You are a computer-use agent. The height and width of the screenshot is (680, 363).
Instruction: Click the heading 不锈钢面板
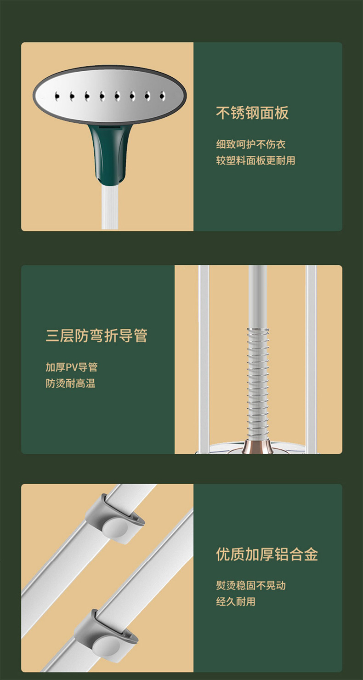click(252, 113)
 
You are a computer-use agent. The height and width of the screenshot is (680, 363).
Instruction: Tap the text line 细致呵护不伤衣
click(251, 144)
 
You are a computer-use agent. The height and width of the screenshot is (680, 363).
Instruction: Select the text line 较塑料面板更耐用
click(255, 160)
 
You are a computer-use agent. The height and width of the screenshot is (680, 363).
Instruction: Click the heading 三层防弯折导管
click(96, 336)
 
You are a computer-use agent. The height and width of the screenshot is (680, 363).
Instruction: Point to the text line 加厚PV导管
click(72, 367)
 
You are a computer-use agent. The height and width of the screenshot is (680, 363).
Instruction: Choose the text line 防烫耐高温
click(70, 383)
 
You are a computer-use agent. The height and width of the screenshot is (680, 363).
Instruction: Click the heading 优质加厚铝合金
click(267, 554)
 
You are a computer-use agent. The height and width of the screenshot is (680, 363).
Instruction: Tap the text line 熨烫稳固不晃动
click(251, 585)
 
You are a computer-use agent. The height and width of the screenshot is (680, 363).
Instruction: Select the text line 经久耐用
click(236, 601)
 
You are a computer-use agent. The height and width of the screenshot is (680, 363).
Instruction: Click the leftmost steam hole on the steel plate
click(57, 96)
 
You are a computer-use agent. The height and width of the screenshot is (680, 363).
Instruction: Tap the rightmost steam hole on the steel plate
click(161, 96)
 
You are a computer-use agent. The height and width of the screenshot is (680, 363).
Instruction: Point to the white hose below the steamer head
click(110, 206)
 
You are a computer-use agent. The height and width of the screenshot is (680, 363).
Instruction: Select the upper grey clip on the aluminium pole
click(115, 520)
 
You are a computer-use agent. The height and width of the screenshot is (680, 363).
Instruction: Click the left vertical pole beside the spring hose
click(204, 359)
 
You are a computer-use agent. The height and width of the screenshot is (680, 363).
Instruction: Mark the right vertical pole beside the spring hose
click(311, 359)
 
